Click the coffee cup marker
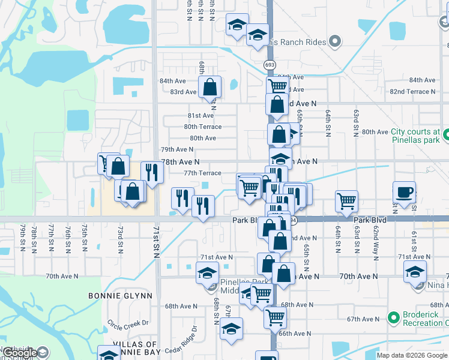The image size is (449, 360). click(405, 192)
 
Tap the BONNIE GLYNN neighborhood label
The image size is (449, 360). click(120, 296)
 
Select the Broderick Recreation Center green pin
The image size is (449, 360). click(394, 316)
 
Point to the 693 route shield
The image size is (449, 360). click(268, 64)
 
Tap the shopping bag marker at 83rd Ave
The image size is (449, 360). click(210, 86)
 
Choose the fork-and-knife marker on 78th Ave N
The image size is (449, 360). click(152, 172)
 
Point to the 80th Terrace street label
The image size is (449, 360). click(202, 127)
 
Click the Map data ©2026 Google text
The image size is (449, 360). click(412, 355)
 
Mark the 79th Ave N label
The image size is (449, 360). click(177, 149)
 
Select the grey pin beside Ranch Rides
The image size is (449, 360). click(335, 42)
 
